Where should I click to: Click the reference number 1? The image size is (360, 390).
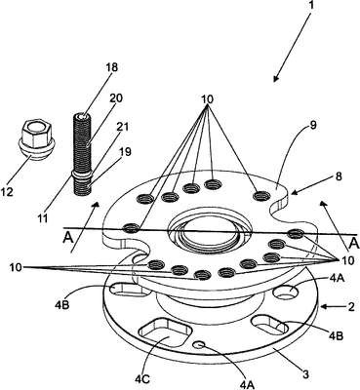point(310,6)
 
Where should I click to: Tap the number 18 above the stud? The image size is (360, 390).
point(111,68)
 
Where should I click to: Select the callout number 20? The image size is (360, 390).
point(116,98)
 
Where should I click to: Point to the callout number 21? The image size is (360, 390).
point(122,127)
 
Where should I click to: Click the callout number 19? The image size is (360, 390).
point(125,151)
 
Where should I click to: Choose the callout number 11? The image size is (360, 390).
point(42,217)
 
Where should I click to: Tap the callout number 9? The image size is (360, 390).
point(312,125)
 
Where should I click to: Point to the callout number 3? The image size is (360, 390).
point(305,374)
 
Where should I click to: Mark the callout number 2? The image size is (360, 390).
point(350,307)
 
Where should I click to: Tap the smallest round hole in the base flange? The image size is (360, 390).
point(200,345)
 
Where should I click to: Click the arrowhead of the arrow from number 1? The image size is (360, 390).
point(276,78)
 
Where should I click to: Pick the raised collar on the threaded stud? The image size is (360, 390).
point(81,175)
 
